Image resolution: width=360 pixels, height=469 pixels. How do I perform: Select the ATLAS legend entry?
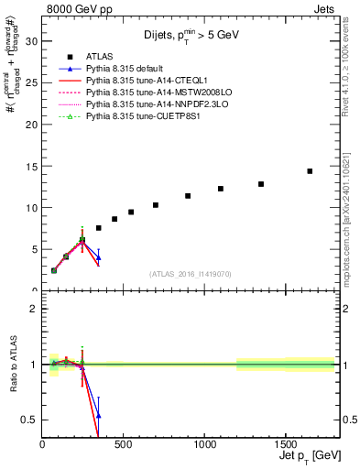click(x=98, y=54)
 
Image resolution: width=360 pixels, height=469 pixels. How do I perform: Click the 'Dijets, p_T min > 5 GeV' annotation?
click(x=191, y=34)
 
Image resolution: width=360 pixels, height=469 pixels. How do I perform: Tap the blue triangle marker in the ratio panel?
click(x=98, y=415)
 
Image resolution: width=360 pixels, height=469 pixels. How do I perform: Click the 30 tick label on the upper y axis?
click(x=30, y=41)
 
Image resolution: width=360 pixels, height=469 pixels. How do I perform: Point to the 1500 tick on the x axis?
click(x=285, y=444)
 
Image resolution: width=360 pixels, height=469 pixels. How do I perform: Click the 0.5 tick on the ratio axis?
click(x=28, y=420)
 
